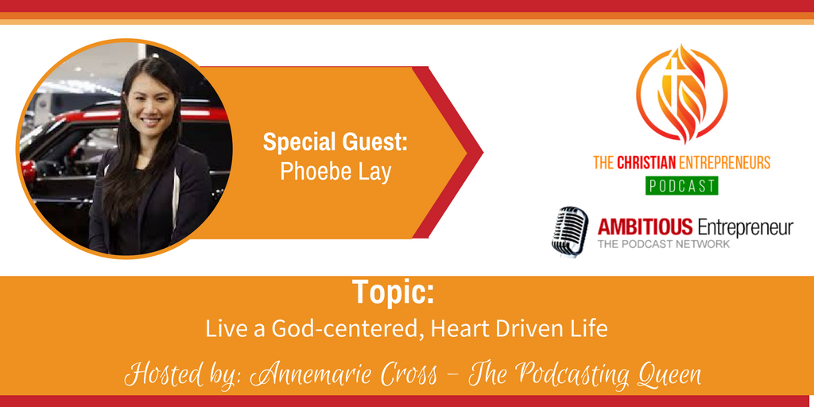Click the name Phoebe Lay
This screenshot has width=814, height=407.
coord(335,172)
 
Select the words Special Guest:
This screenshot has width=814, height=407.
coord(335,143)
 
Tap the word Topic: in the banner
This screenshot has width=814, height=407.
coord(393,293)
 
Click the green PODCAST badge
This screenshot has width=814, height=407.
coord(681,185)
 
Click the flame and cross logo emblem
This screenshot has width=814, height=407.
coord(681,94)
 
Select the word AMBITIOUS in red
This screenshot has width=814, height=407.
coord(645,227)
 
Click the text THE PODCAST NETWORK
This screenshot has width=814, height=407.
coord(664,244)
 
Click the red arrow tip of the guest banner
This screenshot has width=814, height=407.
coord(483,152)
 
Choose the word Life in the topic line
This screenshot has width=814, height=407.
coord(591,329)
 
